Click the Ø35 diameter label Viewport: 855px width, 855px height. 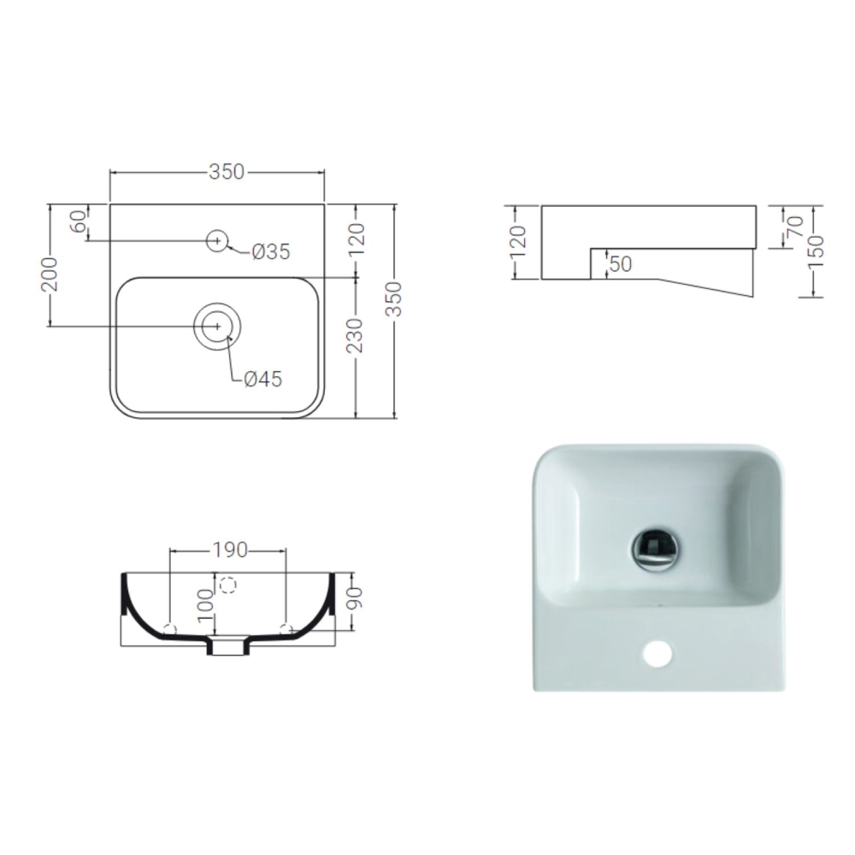[272, 251]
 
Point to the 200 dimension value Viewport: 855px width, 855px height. [50, 273]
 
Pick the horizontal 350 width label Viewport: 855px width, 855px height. [227, 172]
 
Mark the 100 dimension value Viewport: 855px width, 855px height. [204, 603]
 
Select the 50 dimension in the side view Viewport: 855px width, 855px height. [621, 264]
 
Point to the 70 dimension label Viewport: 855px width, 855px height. [793, 227]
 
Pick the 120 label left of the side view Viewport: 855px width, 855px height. [516, 243]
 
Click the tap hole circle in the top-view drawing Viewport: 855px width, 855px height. [218, 241]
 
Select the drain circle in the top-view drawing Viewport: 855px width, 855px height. [218, 327]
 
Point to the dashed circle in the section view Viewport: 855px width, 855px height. [227, 585]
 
